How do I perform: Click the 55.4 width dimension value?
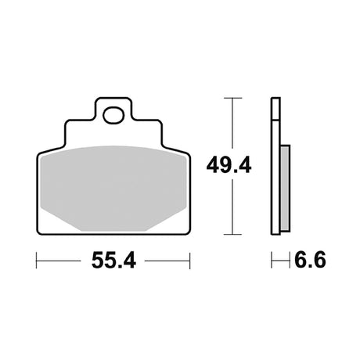tap(113, 261)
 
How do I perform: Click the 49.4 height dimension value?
tap(229, 165)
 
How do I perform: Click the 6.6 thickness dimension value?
tap(310, 260)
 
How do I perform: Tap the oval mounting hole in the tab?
tap(113, 115)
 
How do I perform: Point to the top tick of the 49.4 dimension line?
tap(232, 98)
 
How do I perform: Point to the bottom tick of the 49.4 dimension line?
tap(232, 234)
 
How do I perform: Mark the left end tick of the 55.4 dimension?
tap(36, 261)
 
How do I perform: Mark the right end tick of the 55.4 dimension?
tap(190, 261)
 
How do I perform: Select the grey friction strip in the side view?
tap(285, 188)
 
